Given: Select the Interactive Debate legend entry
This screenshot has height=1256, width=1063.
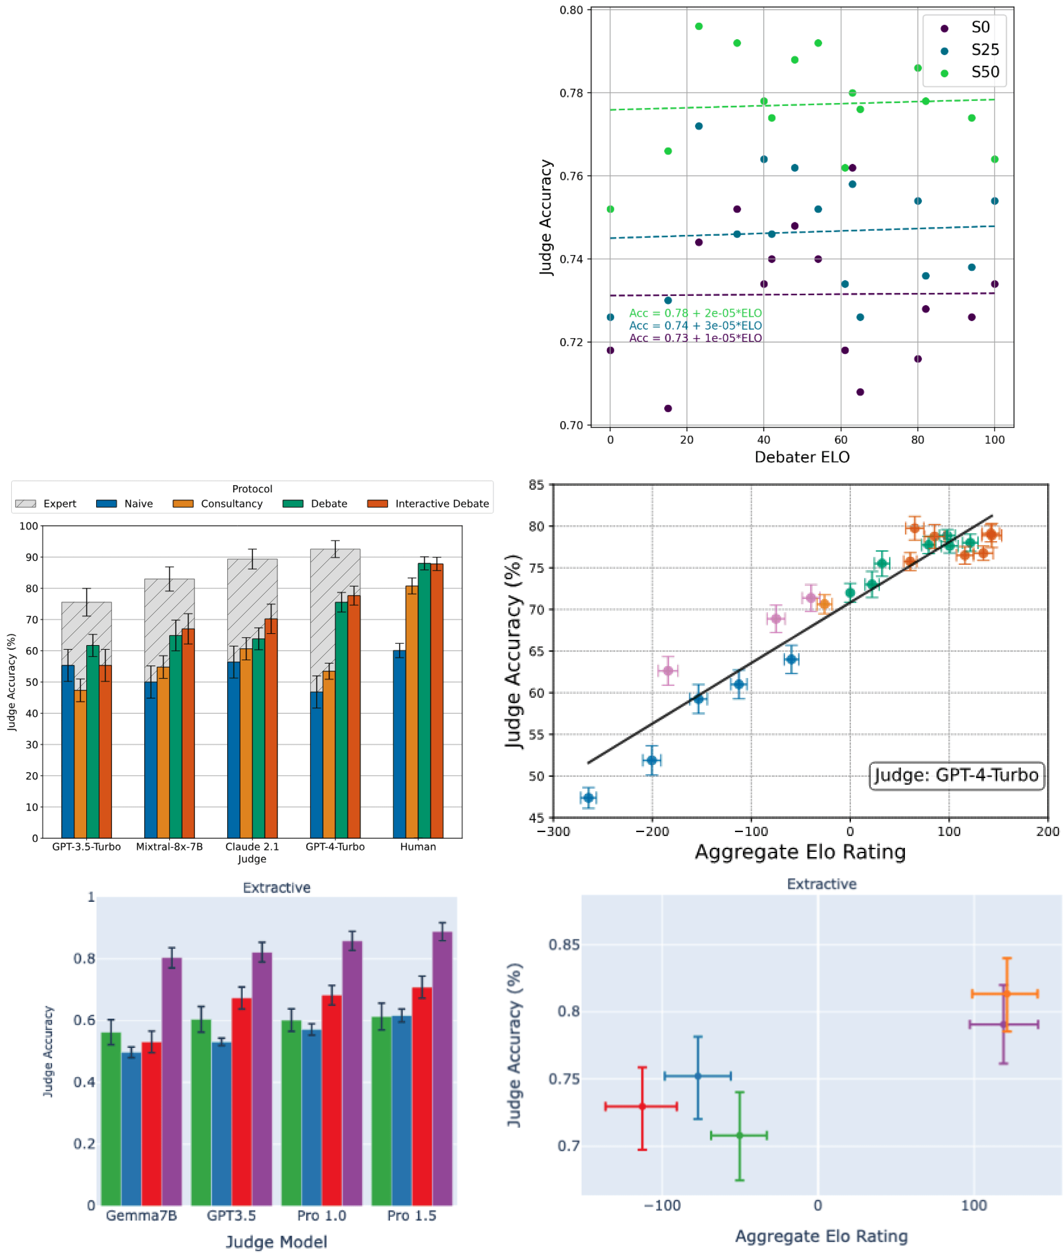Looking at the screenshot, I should tap(441, 504).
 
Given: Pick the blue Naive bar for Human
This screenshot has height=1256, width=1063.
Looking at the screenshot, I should tap(399, 744).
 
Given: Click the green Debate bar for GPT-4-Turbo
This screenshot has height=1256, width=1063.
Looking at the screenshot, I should tap(341, 720).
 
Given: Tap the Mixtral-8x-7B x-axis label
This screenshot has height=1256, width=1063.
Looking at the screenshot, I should tap(169, 846).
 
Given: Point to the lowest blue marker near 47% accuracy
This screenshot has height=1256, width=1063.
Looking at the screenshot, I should tap(588, 798).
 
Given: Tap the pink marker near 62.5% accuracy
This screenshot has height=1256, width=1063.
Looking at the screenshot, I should tap(668, 670).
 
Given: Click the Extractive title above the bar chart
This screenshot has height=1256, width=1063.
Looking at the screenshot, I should tap(277, 887).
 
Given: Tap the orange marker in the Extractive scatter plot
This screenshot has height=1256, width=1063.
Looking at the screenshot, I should tap(1006, 993).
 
